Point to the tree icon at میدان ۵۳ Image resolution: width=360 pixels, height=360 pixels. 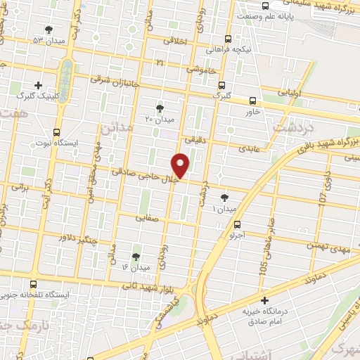[x=49, y=30]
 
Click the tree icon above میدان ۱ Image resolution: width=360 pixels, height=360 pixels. [x=224, y=198]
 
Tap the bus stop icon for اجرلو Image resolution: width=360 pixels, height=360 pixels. [x=237, y=226]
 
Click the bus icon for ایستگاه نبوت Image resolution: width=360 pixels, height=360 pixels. [x=56, y=131]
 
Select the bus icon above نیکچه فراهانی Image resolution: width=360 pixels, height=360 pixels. [x=226, y=39]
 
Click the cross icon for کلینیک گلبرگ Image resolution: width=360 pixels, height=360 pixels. [x=38, y=84]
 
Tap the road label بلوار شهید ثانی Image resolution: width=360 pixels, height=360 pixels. [x=151, y=284]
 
